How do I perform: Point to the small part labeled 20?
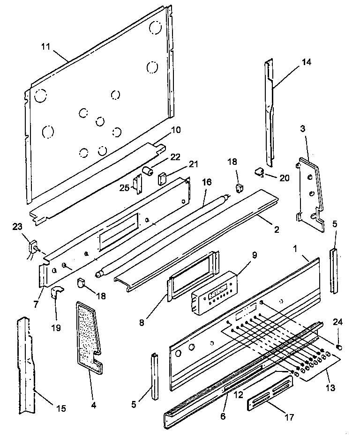[259, 172]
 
